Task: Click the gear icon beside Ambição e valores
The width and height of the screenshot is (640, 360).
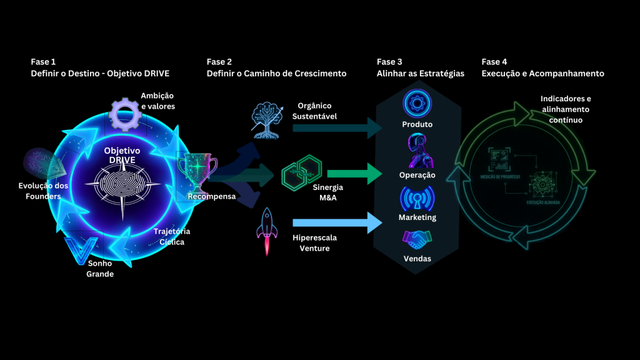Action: [x=123, y=113]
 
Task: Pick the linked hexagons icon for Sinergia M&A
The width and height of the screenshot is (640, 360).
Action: [x=301, y=174]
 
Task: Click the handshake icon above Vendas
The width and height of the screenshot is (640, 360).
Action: [x=417, y=239]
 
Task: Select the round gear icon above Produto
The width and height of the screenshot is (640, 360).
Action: [x=417, y=103]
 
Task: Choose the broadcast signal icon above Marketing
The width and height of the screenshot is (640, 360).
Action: [x=417, y=197]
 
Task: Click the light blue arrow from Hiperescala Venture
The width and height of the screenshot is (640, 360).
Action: [x=337, y=222]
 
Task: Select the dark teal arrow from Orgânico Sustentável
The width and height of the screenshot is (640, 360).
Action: [x=337, y=127]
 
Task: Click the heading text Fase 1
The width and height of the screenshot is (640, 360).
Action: [x=43, y=62]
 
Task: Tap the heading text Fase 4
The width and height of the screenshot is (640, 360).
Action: [x=494, y=62]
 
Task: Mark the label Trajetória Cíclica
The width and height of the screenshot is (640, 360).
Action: [x=172, y=236]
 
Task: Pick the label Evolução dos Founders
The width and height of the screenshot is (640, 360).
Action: [x=43, y=191]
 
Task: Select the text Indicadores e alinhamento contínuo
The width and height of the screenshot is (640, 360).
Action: [x=566, y=109]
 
